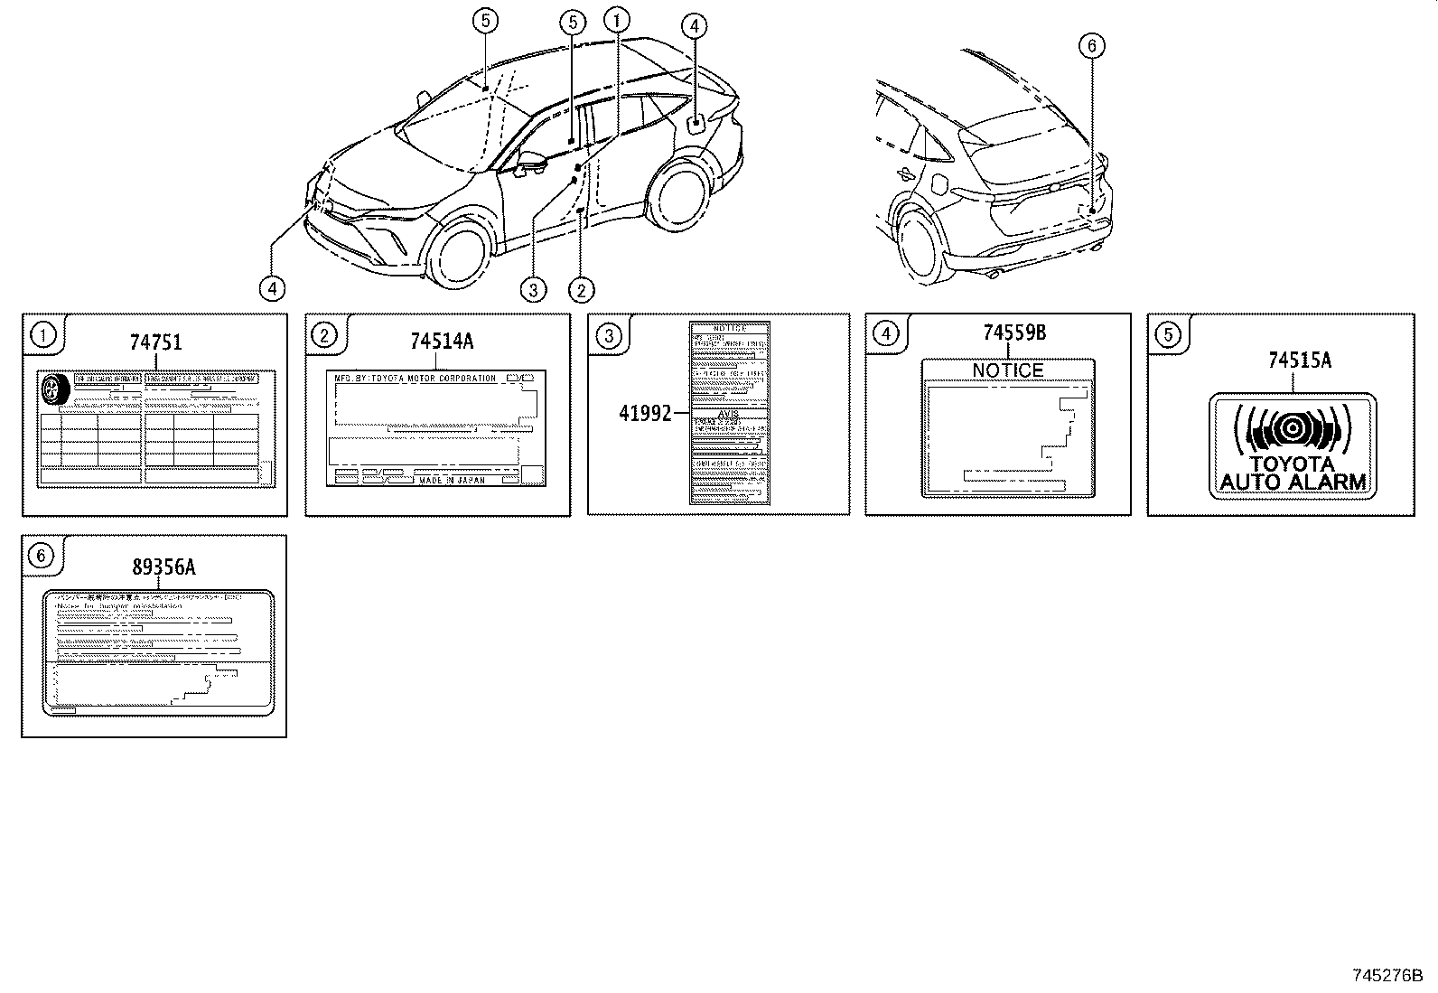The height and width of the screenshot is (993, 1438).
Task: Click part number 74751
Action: [x=155, y=342]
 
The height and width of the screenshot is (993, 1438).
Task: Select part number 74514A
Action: [x=441, y=341]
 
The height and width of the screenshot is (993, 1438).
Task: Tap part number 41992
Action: [x=645, y=413]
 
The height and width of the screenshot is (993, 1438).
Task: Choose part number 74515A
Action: [x=1299, y=361]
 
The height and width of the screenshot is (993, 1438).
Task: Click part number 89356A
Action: [x=163, y=567]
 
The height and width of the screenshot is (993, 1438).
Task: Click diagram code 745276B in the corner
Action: [x=1387, y=976]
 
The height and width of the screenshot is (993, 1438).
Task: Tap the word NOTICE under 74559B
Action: [x=1008, y=370]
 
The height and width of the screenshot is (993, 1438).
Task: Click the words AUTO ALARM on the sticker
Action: [x=1293, y=482]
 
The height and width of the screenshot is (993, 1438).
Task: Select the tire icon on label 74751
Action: [x=56, y=390]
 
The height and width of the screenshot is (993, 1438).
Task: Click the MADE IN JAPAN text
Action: [x=452, y=481]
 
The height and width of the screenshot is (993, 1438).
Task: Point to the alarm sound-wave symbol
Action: [x=1293, y=428]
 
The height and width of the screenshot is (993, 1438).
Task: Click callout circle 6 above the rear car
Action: [x=1091, y=45]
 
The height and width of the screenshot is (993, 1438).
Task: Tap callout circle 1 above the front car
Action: [x=618, y=20]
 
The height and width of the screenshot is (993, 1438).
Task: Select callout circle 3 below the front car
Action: [x=534, y=289]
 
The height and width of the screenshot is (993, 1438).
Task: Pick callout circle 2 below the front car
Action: [x=581, y=289]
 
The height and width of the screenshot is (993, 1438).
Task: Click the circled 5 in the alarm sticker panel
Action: [x=1168, y=335]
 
